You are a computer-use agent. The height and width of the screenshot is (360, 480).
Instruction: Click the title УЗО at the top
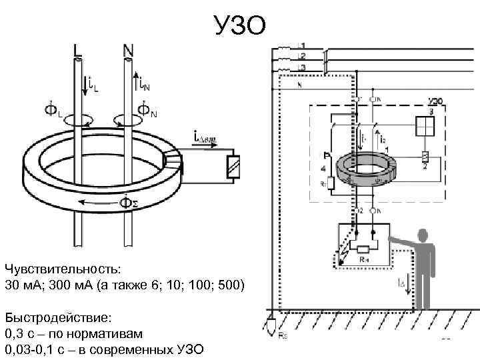[x=239, y=25]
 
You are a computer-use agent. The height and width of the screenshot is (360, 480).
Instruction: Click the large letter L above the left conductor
[x=78, y=49]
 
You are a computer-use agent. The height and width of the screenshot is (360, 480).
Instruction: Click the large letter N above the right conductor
[x=129, y=49]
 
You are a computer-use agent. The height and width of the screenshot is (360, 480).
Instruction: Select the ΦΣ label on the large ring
[x=128, y=201]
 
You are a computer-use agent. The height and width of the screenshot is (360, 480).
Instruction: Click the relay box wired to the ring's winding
[x=233, y=166]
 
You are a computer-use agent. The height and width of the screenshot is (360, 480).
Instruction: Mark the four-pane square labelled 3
[x=425, y=126]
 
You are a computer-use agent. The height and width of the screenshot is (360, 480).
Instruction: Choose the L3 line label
[x=302, y=67]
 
